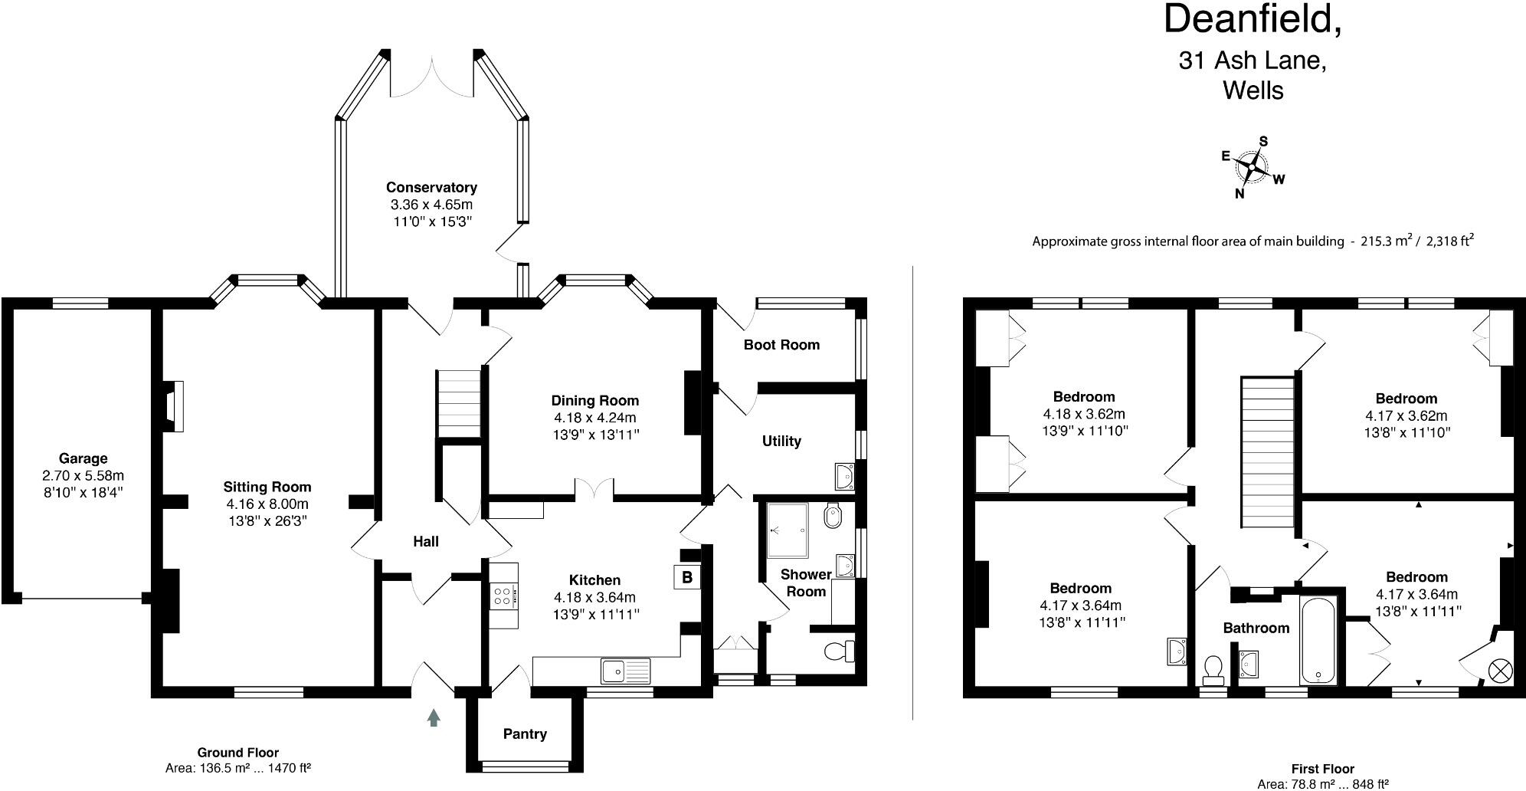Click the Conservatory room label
431,187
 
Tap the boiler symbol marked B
686,577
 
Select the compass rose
1252,166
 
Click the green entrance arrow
434,717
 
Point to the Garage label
83,458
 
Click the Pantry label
525,734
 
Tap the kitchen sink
626,671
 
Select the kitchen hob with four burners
504,596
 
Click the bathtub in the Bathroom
1318,641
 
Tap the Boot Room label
781,345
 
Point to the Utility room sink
845,476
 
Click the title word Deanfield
1253,19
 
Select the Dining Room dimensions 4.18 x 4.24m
595,418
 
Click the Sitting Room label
267,487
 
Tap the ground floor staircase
458,404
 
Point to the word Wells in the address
1253,90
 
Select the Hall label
426,542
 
